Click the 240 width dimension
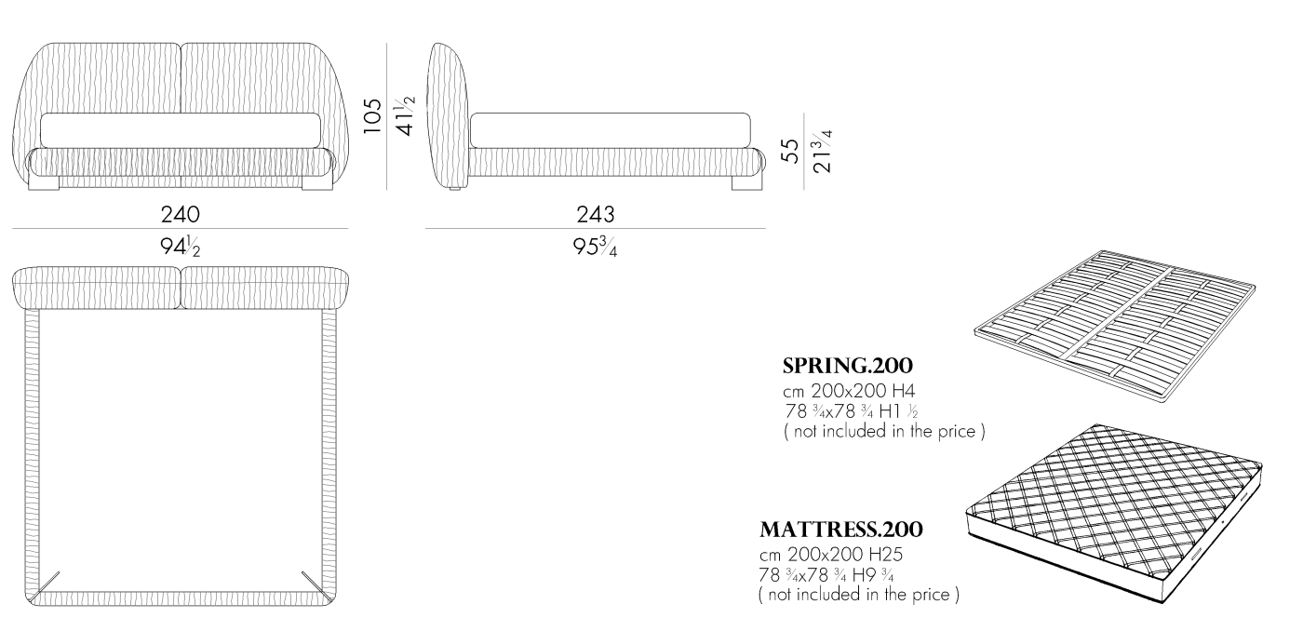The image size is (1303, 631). pyautogui.click(x=181, y=215)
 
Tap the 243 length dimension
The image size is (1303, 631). pyautogui.click(x=596, y=215)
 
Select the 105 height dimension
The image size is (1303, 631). pyautogui.click(x=372, y=115)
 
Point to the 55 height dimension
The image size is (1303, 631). pyautogui.click(x=789, y=151)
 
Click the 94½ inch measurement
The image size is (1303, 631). pyautogui.click(x=181, y=247)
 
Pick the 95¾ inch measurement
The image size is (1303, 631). pyautogui.click(x=595, y=247)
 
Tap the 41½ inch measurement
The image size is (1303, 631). pyautogui.click(x=405, y=115)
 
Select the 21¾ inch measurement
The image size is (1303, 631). pyautogui.click(x=823, y=151)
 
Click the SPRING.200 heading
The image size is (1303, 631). pyautogui.click(x=848, y=366)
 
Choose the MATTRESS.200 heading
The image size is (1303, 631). pyautogui.click(x=841, y=530)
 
